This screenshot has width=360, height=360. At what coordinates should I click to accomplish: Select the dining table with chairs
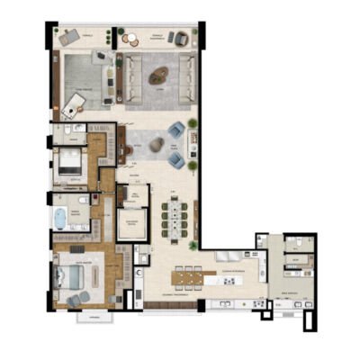pyautogui.click(x=170, y=217)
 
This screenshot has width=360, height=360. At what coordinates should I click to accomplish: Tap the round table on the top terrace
pyautogui.click(x=155, y=37)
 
